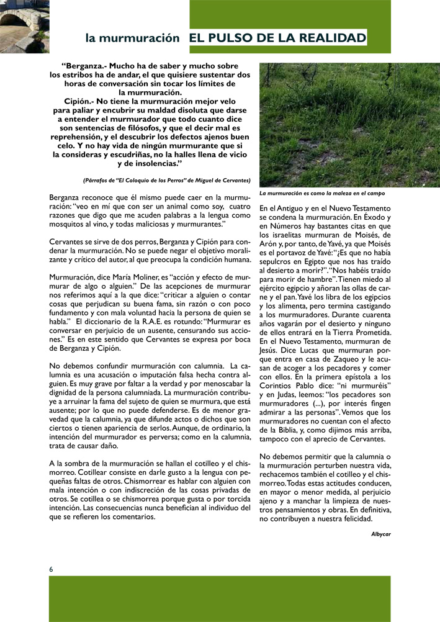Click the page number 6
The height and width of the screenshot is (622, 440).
pyautogui.click(x=52, y=569)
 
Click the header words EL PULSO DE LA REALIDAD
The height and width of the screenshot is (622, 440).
pyautogui.click(x=277, y=38)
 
